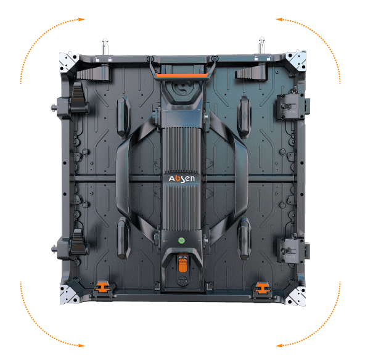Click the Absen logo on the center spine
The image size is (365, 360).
coord(181,179)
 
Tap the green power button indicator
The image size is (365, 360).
coord(181,240)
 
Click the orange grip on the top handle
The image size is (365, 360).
coord(182,75)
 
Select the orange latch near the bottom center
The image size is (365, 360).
coord(182,264)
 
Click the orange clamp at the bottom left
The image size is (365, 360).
coord(102,287)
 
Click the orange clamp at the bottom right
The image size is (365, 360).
coord(261,288)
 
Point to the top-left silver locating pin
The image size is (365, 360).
coord(105,46)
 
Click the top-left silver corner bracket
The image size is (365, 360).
coord(68,62)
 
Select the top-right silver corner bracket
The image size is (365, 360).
coord(297,60)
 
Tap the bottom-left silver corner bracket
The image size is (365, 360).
coord(68,294)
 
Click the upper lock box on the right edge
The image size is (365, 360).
coord(291,107)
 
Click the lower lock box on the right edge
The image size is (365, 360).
coord(292,250)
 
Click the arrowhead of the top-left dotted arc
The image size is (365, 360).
coord(81,20)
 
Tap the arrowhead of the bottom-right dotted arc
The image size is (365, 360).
coord(279,345)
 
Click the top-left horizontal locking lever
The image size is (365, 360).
coord(93,73)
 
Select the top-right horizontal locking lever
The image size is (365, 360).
coord(252,72)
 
